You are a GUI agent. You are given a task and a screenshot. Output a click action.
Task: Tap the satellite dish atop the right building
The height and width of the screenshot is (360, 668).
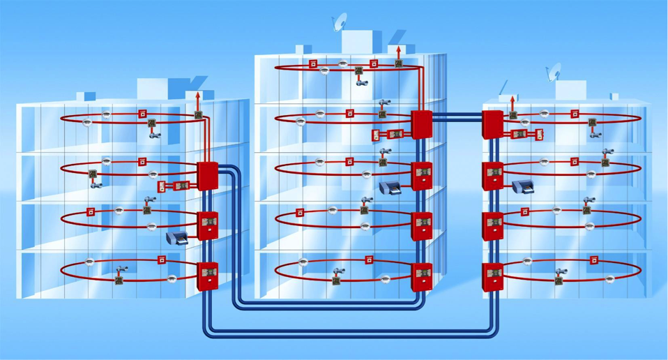coord(555,70)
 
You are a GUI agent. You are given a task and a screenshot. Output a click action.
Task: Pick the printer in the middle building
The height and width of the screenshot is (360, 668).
coord(390,187)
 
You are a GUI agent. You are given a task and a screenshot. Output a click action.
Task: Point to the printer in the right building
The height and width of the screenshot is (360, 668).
coord(522,186)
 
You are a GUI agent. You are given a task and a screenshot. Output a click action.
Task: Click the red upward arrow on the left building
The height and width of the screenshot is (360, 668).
coord(198,98)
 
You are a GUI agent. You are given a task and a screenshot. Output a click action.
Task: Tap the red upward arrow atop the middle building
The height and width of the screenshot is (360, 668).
coord(398,52)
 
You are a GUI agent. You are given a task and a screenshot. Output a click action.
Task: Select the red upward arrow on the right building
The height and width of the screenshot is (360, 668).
coord(513,103)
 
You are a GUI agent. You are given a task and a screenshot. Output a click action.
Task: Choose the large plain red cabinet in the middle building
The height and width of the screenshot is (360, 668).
coord(421,124)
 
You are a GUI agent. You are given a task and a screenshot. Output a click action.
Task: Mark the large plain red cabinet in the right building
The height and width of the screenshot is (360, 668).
coord(493,123)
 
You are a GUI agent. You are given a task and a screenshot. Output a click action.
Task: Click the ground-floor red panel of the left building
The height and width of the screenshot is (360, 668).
coord(208,276)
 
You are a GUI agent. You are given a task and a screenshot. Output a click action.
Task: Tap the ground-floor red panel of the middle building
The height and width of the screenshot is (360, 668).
coord(421,276)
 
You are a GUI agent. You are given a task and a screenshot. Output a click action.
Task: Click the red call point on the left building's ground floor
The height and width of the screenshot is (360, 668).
coord(162,261)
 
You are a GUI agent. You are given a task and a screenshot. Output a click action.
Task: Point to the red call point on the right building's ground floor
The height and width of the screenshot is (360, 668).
coord(593,261)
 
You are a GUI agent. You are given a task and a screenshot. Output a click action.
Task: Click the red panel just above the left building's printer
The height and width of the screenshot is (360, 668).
coord(208,225)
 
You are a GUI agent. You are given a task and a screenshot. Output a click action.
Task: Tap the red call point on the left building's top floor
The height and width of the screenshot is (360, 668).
coord(142,113)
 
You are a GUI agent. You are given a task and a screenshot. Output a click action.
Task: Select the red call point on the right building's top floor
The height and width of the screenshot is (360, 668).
coord(575,112)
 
